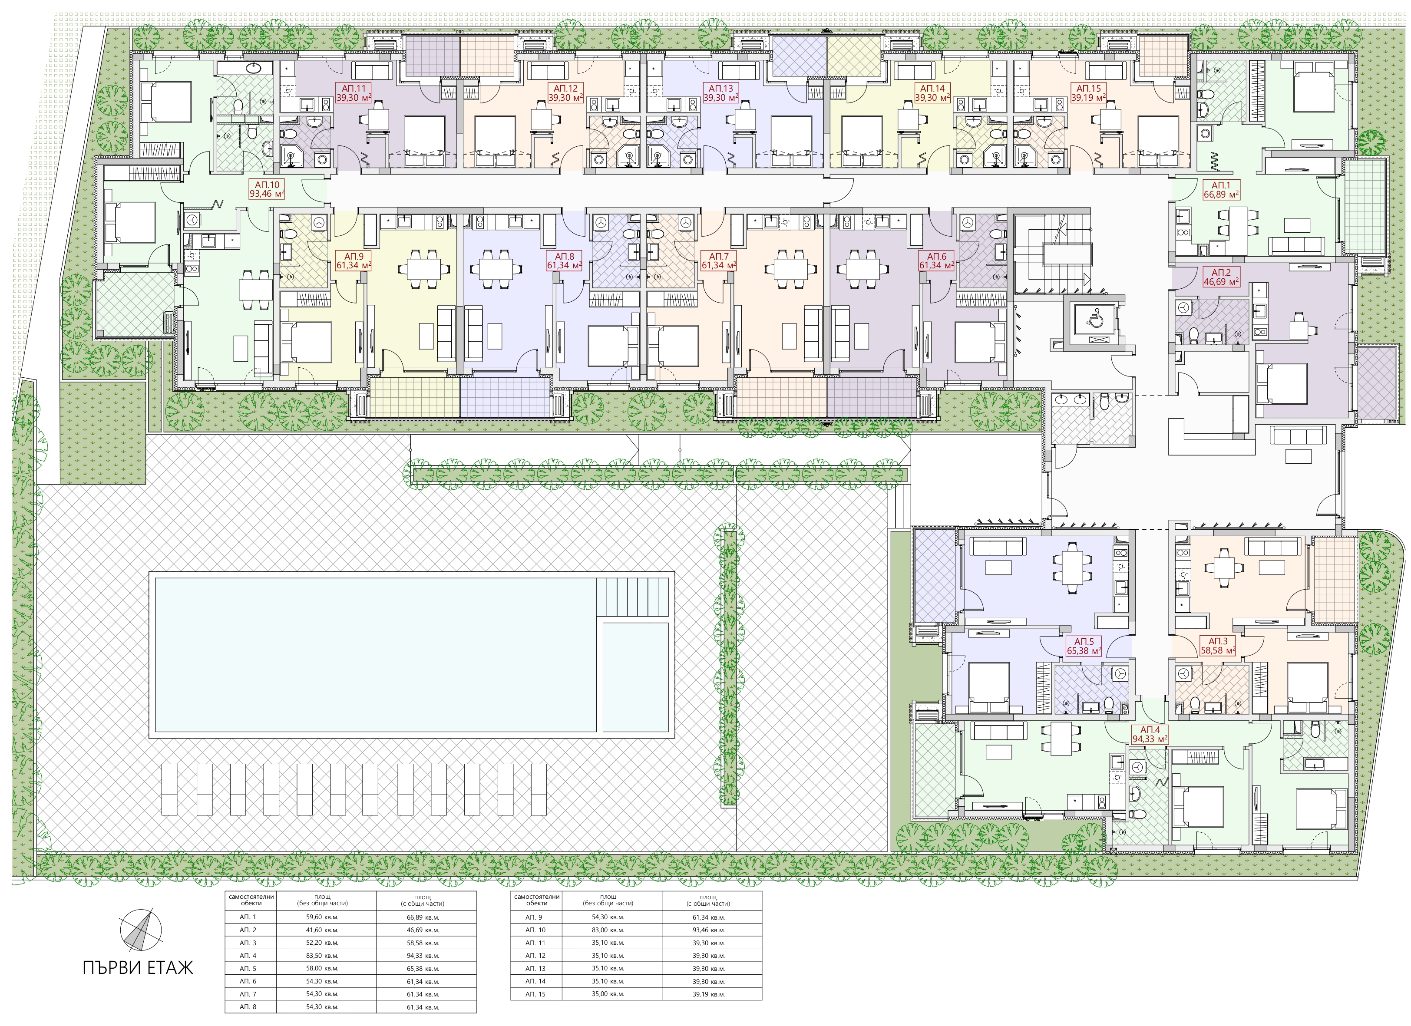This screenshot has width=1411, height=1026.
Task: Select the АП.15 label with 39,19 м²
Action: [1088, 92]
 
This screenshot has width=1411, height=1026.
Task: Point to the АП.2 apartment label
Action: [1221, 276]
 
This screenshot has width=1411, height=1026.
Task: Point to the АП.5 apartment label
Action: [1084, 646]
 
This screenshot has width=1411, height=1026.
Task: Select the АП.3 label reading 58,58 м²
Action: [1217, 646]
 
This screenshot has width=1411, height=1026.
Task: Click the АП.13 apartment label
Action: [721, 92]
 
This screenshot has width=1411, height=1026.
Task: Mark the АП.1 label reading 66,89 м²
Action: [1221, 189]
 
